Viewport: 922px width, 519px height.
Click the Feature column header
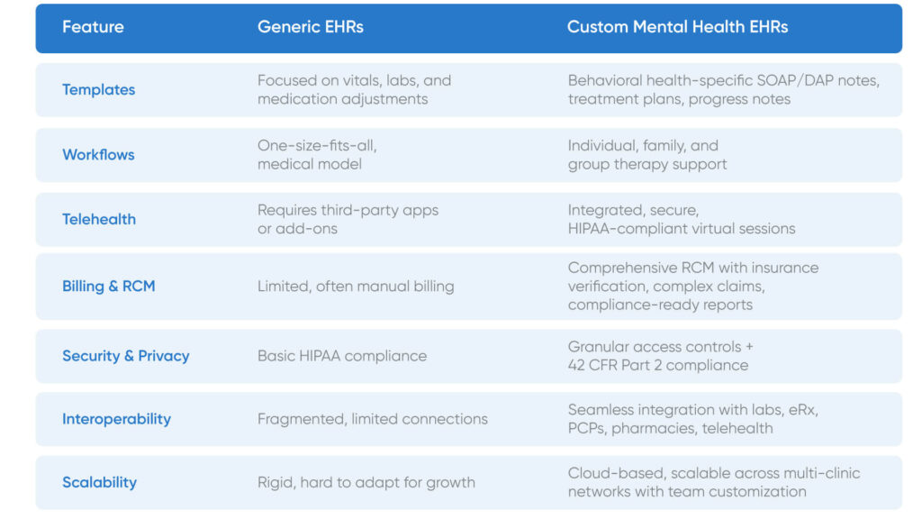[92, 27]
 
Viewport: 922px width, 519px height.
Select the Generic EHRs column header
[311, 27]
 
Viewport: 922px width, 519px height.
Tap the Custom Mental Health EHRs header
[677, 27]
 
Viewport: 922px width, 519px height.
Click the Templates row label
[98, 89]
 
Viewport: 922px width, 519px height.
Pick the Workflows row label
[98, 154]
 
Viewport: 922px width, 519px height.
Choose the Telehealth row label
[99, 219]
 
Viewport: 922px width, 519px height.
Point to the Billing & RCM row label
[108, 286]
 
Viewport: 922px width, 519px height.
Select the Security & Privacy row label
[125, 356]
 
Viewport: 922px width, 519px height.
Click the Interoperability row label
[116, 419]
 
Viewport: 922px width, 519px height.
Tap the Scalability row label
[99, 482]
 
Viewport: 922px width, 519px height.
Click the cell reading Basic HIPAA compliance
[342, 356]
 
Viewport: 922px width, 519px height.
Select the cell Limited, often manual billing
[356, 286]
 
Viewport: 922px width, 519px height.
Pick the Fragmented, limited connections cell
[372, 419]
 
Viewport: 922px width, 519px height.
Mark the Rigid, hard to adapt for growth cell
[366, 482]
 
